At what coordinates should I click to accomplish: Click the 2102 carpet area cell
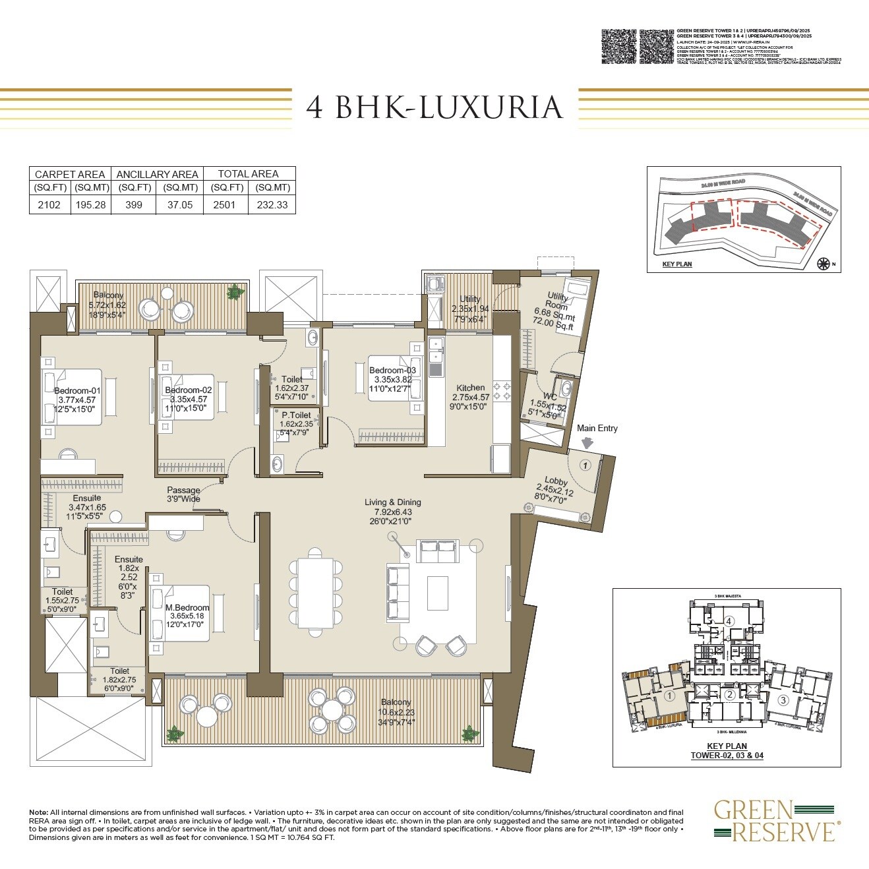coord(49,204)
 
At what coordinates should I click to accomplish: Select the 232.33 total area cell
coord(272,204)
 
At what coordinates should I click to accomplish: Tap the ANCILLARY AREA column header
coord(157,174)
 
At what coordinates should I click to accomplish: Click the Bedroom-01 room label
coord(77,390)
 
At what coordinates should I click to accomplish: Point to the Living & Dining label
coord(392,502)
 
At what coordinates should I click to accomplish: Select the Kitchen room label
coord(470,388)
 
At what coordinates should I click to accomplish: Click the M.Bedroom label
coord(187,607)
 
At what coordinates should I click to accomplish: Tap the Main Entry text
coord(597,428)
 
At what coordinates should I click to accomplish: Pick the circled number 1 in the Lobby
coord(584,465)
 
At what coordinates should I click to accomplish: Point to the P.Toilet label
coord(295,415)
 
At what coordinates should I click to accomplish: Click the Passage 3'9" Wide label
coord(183,494)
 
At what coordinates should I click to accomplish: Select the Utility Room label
coord(557,302)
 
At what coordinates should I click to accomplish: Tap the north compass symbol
coord(823,264)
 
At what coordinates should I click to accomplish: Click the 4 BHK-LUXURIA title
coord(435,108)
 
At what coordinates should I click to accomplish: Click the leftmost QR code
coord(619,46)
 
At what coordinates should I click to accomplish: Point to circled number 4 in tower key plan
coord(729,621)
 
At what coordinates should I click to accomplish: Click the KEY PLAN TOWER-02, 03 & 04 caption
coord(727,751)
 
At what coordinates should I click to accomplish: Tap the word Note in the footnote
coord(38,812)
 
